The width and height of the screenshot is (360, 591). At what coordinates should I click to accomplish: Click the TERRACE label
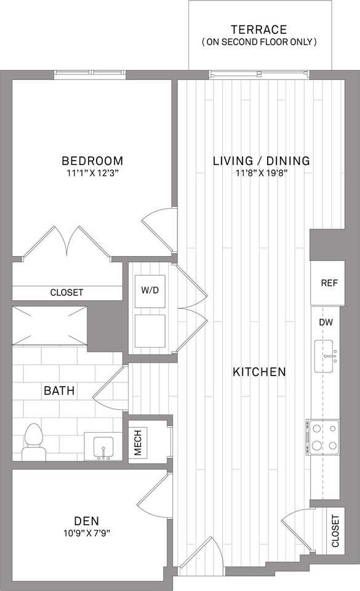[258, 30]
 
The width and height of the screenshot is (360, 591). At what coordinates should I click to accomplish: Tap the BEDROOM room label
[93, 161]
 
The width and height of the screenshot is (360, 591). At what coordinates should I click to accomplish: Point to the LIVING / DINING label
[262, 161]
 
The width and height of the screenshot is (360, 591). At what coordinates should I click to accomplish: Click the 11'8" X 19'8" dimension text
[260, 174]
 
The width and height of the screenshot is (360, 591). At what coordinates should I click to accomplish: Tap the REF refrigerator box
[327, 283]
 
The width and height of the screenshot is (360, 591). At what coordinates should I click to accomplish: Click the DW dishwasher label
[326, 322]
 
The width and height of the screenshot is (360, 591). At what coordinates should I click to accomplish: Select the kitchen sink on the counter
[325, 356]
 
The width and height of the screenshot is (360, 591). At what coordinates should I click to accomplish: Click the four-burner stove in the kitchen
[322, 437]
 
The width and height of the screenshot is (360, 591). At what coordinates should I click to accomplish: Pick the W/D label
[150, 290]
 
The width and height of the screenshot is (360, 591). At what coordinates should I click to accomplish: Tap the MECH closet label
[138, 443]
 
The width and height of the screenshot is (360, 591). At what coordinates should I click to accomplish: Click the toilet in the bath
[34, 442]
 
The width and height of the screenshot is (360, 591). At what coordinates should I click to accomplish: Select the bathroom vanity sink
[103, 447]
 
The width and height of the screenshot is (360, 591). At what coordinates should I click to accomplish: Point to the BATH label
[59, 390]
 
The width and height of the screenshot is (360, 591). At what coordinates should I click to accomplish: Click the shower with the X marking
[50, 326]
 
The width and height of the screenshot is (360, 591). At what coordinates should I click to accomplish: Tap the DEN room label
[87, 521]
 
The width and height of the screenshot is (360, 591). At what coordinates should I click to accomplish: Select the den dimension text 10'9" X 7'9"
[87, 533]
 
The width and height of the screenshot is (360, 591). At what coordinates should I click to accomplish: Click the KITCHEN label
[260, 372]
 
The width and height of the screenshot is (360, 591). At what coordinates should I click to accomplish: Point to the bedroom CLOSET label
[66, 292]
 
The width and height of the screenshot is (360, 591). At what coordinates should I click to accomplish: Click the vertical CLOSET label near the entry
[335, 531]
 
